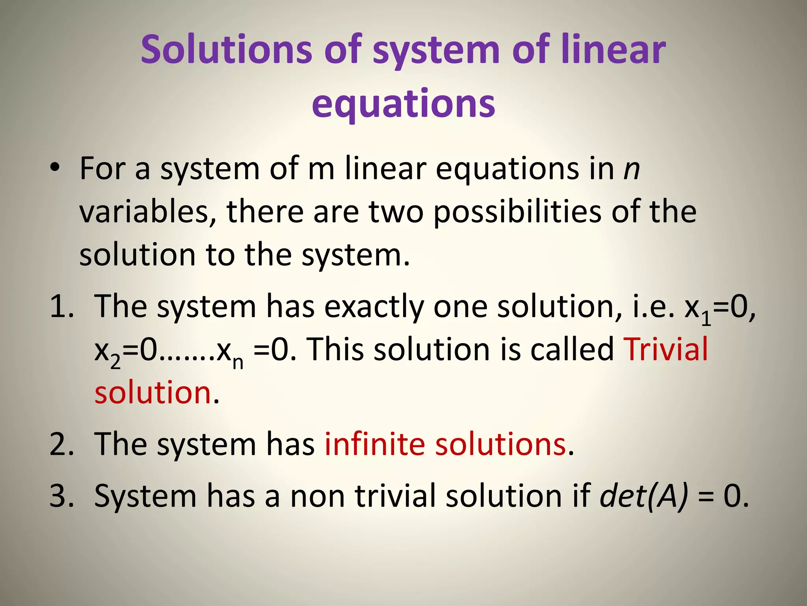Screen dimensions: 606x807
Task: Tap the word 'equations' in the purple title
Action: click(403, 103)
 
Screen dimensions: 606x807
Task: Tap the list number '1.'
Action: click(62, 306)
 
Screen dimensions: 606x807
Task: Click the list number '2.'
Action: click(62, 444)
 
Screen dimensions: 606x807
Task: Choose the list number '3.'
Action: click(62, 496)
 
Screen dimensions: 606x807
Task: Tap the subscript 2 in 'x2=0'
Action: click(115, 362)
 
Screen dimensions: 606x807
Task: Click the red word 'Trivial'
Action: click(666, 349)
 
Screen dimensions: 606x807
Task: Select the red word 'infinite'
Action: click(375, 444)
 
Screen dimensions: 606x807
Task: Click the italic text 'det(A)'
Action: click(644, 496)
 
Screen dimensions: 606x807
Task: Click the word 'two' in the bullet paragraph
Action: click(396, 212)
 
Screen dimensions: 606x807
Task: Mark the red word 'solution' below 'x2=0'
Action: click(153, 393)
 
